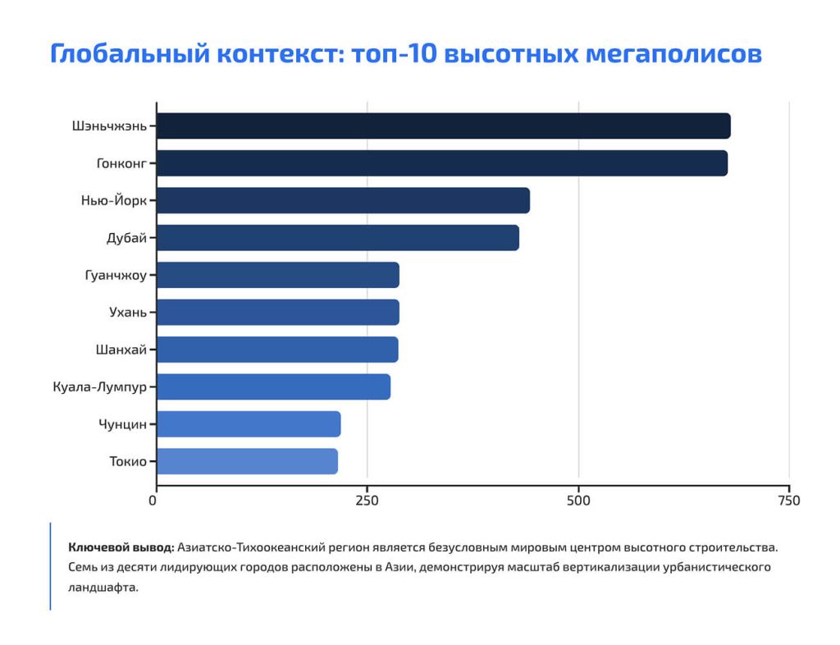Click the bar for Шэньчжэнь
coord(443,126)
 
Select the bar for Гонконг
coord(441,163)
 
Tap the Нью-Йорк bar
coord(343,201)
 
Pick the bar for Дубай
coord(337,238)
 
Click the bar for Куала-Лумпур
coord(273,387)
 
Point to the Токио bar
coord(247,461)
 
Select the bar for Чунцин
coord(249,424)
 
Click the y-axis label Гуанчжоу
coord(116,276)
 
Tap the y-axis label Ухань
coord(128,313)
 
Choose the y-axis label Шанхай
coord(121,350)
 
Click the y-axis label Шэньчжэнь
coord(109,126)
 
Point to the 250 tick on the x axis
coord(367,500)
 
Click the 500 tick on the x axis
coord(578,500)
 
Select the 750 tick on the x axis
coord(788,500)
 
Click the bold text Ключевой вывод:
coord(121,547)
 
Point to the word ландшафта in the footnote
coord(103,588)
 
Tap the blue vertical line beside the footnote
coord(50,566)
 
